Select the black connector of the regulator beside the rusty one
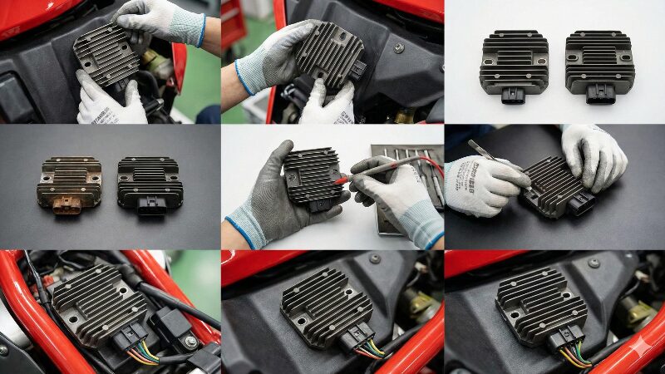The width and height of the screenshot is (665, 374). click(x=150, y=204)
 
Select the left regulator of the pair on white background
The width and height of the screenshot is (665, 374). click(x=513, y=66)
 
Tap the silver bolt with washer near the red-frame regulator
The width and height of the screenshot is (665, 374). click(x=191, y=342)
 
